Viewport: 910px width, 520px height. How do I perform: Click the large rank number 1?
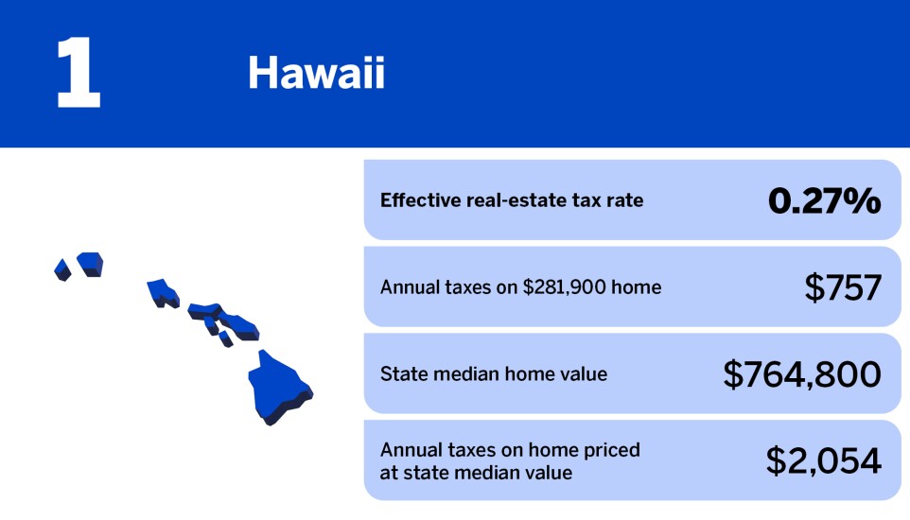[78, 75]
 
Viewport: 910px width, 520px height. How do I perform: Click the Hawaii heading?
[316, 74]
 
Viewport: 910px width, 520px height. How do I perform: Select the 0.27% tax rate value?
[824, 200]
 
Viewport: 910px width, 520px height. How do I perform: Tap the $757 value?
[842, 287]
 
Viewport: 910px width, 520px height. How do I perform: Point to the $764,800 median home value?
[801, 374]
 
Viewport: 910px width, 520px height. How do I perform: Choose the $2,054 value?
[823, 460]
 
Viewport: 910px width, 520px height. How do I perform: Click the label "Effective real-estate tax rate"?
[511, 200]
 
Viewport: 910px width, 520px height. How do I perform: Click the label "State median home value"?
[493, 374]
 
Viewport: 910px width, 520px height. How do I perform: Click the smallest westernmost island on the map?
[62, 269]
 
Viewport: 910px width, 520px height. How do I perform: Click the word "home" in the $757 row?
[636, 287]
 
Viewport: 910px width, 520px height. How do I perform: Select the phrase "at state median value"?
[476, 473]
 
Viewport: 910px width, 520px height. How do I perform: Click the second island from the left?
[90, 263]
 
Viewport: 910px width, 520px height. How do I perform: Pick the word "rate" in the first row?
[624, 200]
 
